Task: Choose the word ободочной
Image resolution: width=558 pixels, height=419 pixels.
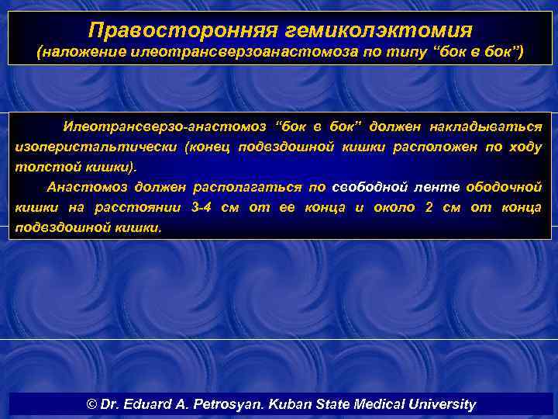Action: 505,187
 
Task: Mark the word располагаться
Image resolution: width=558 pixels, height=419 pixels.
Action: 247,187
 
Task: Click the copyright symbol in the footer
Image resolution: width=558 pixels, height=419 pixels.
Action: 93,405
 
